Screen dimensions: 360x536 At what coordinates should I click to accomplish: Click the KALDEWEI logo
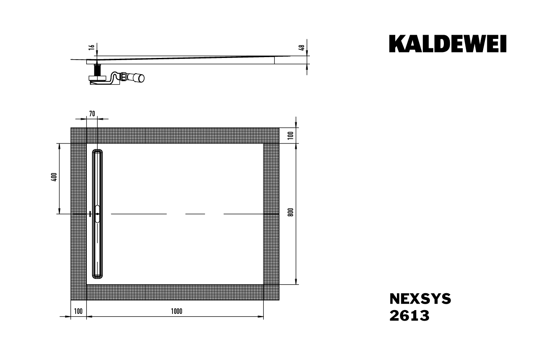pyautogui.click(x=448, y=44)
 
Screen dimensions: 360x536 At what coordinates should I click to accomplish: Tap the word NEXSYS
pyautogui.click(x=420, y=299)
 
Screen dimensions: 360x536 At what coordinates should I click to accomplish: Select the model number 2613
pyautogui.click(x=409, y=316)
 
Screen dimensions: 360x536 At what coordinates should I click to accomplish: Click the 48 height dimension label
pyautogui.click(x=301, y=48)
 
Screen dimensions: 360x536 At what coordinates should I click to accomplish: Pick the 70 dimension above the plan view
pyautogui.click(x=92, y=113)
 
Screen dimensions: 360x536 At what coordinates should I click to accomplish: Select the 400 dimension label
pyautogui.click(x=53, y=177)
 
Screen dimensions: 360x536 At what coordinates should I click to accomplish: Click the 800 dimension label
pyautogui.click(x=290, y=212)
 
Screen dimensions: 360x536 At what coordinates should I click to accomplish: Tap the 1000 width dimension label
pyautogui.click(x=176, y=311)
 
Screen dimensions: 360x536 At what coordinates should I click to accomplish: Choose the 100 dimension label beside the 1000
pyautogui.click(x=78, y=311)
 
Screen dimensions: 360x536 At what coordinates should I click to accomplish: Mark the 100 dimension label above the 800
pyautogui.click(x=290, y=135)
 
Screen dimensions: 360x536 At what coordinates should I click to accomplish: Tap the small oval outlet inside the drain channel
pyautogui.click(x=98, y=214)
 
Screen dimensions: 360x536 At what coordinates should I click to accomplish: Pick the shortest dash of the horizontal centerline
pyautogui.click(x=195, y=214)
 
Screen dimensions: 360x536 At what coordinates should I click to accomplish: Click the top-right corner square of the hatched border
pyautogui.click(x=271, y=135)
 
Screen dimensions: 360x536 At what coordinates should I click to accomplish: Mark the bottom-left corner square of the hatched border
pyautogui.click(x=78, y=292)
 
